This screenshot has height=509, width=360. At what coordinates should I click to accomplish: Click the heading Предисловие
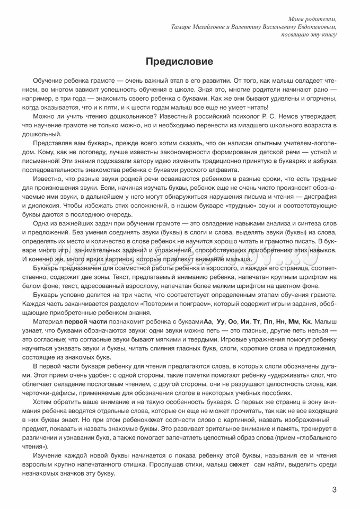[180, 62]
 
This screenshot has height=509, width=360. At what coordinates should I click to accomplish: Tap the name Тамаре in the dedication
[184, 27]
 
